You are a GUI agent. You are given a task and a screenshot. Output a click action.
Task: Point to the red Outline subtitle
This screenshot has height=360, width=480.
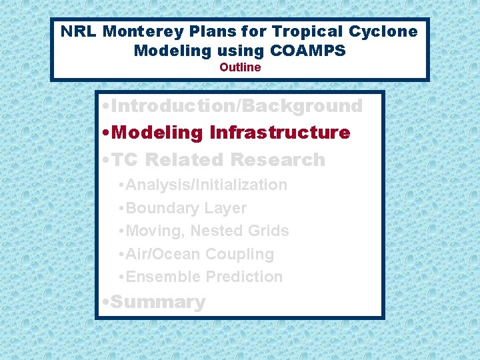240,67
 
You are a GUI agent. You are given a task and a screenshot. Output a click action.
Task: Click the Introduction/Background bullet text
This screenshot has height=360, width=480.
237,106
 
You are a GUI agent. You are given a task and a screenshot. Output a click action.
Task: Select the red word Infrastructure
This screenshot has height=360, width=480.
279,133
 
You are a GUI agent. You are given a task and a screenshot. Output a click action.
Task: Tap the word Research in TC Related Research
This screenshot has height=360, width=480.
277,160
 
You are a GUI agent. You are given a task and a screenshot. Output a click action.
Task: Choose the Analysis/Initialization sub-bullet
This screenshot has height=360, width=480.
206,185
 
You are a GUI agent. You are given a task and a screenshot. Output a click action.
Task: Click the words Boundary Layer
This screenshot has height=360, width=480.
186,208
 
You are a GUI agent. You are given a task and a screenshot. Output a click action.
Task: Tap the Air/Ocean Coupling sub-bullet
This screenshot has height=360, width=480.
199,254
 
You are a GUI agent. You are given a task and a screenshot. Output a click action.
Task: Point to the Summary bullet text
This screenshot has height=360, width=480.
158,302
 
